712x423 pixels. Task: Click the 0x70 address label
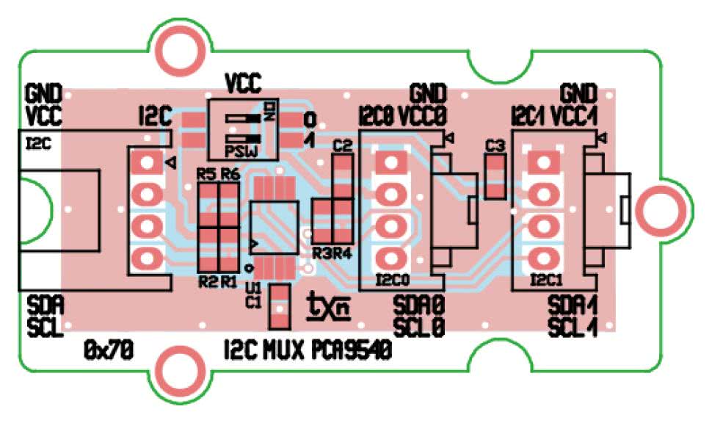tap(108, 352)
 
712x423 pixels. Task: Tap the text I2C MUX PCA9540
tap(306, 352)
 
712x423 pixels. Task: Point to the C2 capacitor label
tap(343, 146)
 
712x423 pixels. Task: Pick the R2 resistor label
tap(207, 281)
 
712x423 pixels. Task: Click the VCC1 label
tap(576, 116)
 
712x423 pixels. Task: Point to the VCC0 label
tap(424, 116)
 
